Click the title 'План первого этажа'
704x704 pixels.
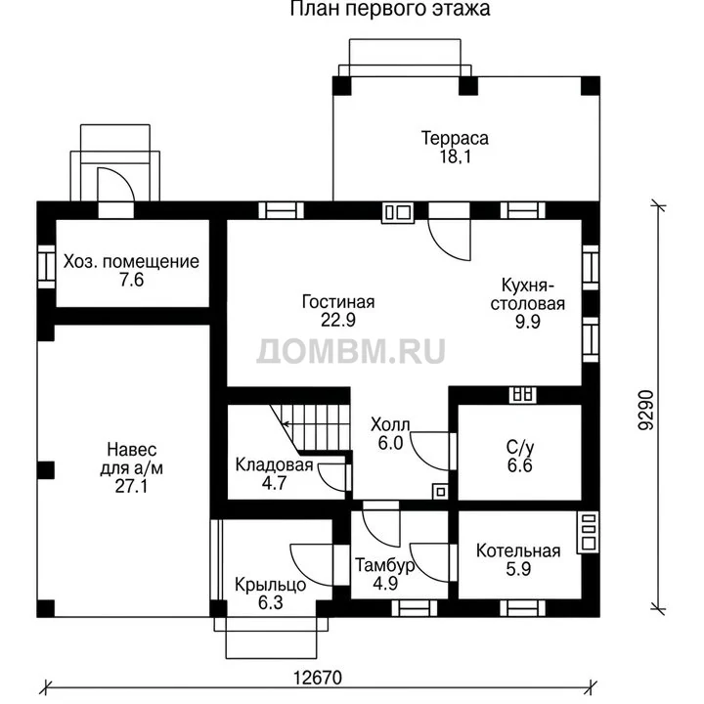click(x=390, y=9)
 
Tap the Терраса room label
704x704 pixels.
click(x=455, y=138)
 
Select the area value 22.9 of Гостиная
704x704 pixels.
click(x=338, y=320)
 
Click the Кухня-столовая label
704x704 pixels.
click(x=528, y=294)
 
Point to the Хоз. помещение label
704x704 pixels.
click(x=131, y=261)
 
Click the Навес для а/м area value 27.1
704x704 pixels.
click(x=131, y=486)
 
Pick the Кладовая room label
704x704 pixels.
click(x=274, y=464)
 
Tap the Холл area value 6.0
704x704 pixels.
click(x=390, y=443)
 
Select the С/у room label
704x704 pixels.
click(x=520, y=447)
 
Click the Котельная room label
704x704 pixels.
click(x=518, y=550)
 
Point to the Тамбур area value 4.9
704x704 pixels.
click(x=385, y=583)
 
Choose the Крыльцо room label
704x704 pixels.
click(x=270, y=585)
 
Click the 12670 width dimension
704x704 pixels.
click(x=318, y=678)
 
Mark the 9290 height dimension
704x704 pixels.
click(x=646, y=410)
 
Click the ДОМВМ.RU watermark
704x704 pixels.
click(x=351, y=351)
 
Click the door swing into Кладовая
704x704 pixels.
click(x=332, y=477)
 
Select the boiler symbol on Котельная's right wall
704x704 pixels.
click(x=589, y=532)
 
